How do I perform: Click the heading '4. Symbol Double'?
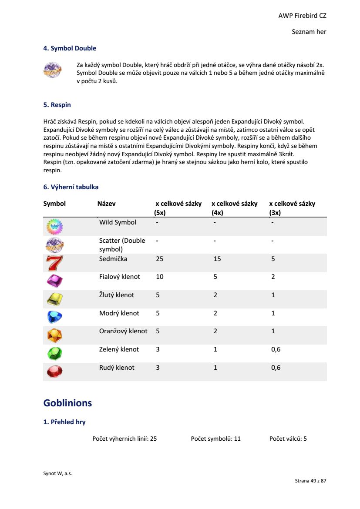click(x=70, y=48)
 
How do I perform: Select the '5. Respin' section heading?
click(x=57, y=105)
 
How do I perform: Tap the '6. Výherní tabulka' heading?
click(x=71, y=187)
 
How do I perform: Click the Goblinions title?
click(x=67, y=403)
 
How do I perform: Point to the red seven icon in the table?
click(x=54, y=263)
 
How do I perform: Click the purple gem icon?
click(x=54, y=281)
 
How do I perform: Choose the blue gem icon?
click(x=54, y=317)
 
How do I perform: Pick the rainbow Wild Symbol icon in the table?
click(x=54, y=227)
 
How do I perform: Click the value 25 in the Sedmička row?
click(x=160, y=259)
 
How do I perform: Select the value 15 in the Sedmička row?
click(x=217, y=259)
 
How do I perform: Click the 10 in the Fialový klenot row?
click(x=160, y=277)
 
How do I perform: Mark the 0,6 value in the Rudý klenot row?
click(x=276, y=368)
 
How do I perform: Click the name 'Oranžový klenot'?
click(x=123, y=331)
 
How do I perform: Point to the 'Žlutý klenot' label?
click(x=117, y=295)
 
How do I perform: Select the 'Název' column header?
click(x=107, y=204)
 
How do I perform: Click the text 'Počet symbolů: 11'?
click(x=215, y=439)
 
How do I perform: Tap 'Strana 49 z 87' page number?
click(x=310, y=481)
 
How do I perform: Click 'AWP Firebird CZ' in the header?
click(x=302, y=16)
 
